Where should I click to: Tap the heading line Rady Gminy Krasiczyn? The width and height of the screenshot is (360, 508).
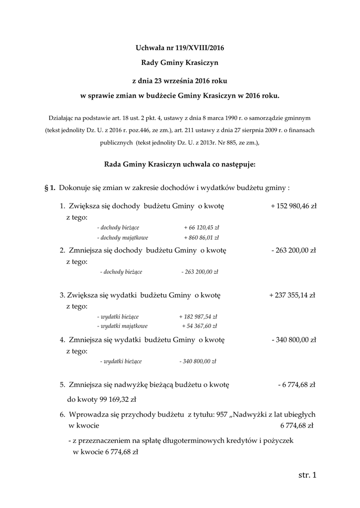[180, 63]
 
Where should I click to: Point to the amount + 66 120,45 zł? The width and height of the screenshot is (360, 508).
[201, 227]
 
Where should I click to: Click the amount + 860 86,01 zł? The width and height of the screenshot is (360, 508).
[201, 238]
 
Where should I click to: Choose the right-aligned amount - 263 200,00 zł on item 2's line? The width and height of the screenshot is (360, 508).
[294, 251]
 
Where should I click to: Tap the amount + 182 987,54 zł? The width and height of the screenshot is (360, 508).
[198, 317]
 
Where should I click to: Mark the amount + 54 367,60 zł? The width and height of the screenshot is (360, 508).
[200, 326]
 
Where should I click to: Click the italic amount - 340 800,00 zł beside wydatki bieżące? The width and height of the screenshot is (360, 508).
[198, 362]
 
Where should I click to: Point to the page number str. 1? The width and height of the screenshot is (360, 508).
[307, 475]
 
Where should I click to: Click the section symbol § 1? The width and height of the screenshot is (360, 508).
[49, 188]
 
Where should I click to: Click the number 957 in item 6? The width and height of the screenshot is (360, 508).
[222, 414]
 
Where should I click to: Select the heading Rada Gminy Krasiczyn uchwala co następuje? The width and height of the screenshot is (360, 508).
[180, 163]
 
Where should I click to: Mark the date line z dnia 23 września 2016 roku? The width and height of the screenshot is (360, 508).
[180, 79]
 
